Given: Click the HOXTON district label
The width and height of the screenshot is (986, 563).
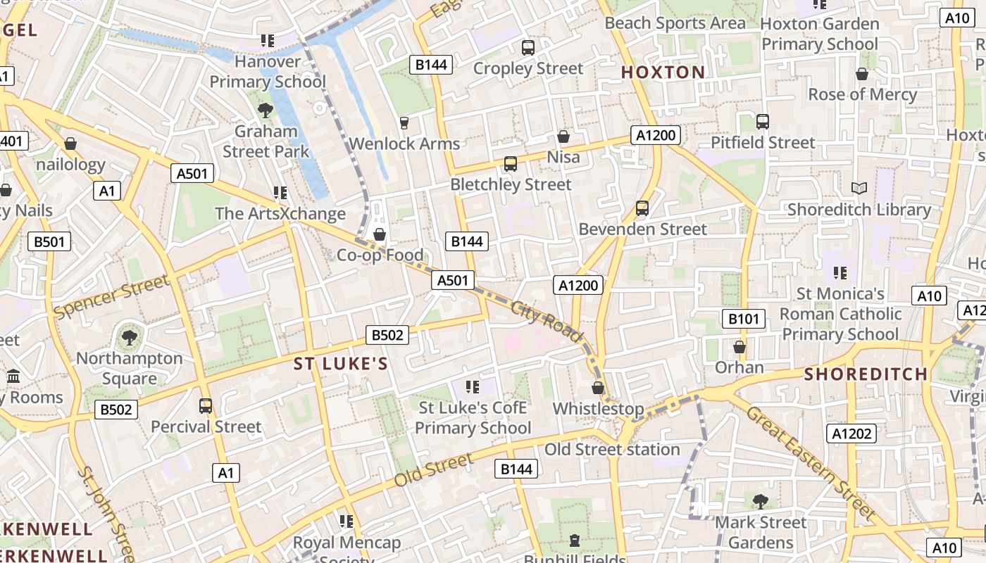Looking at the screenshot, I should click(x=663, y=72).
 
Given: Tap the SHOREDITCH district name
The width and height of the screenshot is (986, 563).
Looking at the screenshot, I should click(x=866, y=374).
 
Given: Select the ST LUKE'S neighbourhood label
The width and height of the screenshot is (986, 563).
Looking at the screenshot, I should click(x=341, y=364).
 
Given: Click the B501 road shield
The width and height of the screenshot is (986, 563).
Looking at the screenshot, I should click(x=49, y=242).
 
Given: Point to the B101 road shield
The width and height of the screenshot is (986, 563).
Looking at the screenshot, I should click(x=744, y=319).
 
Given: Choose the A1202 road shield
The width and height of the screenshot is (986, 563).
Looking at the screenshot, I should click(x=852, y=434).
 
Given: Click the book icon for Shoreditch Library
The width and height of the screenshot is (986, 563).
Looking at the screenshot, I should click(x=859, y=188).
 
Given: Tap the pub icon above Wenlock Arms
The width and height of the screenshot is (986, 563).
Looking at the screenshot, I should click(x=404, y=123).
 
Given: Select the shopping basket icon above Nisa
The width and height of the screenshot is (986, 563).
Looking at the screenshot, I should click(x=563, y=136).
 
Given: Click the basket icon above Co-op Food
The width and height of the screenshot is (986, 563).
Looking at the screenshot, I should click(x=380, y=234).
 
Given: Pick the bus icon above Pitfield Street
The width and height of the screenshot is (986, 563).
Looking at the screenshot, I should click(x=762, y=121).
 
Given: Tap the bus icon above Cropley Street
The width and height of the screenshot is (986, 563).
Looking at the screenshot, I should click(x=528, y=47).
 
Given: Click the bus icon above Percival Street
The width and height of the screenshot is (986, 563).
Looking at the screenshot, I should click(x=206, y=405).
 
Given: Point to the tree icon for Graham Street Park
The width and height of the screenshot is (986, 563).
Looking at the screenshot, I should click(x=266, y=110).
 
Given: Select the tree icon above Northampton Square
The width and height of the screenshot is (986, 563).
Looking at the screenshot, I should click(x=129, y=337).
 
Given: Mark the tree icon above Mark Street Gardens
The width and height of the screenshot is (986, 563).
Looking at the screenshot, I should click(x=760, y=501).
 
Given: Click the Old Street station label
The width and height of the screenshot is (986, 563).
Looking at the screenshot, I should click(x=612, y=449).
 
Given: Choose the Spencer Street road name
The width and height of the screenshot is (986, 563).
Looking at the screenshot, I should click(x=111, y=296).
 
